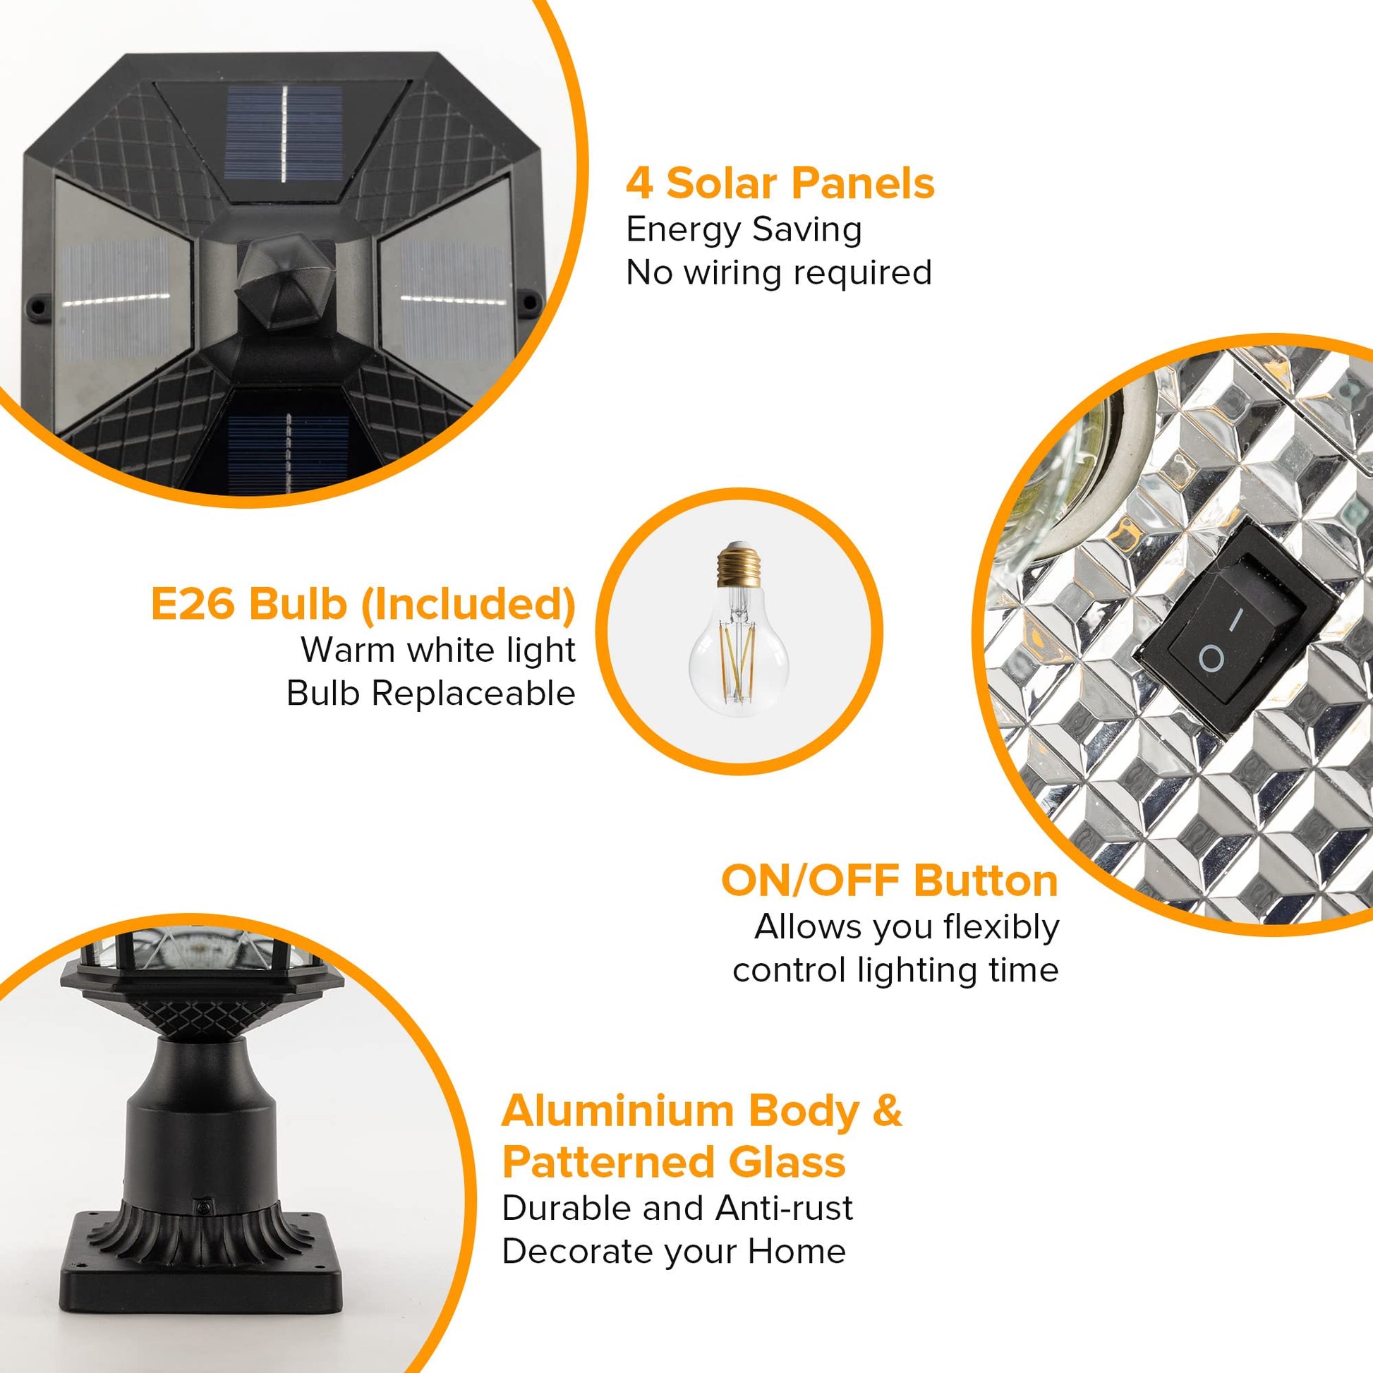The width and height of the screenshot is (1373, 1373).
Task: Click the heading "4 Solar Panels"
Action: (780, 183)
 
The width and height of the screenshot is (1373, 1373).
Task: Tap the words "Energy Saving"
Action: (744, 230)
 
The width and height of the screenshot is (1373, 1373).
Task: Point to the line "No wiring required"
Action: (778, 272)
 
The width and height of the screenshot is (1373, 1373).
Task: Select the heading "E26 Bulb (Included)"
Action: (363, 605)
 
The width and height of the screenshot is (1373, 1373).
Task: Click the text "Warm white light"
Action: (438, 650)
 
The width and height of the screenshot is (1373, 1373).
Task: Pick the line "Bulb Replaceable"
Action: (430, 693)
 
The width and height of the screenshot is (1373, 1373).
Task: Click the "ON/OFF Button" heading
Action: (890, 881)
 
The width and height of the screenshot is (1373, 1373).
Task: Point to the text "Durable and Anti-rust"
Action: (677, 1208)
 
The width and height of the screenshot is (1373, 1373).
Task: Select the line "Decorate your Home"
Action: (674, 1252)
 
